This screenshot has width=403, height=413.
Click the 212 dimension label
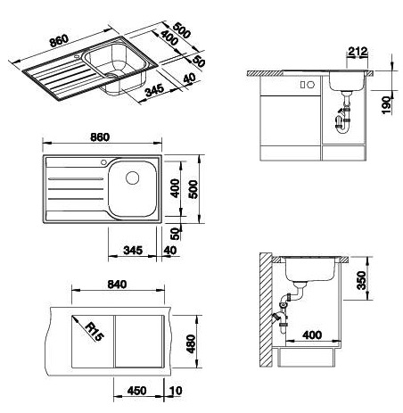(358, 52)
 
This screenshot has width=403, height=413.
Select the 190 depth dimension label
(386, 104)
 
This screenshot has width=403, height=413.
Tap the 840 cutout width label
(117, 285)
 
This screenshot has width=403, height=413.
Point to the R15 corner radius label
(95, 332)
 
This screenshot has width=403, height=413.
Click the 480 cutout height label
(191, 343)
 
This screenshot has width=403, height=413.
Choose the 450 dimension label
(136, 391)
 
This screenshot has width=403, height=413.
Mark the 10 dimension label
(176, 391)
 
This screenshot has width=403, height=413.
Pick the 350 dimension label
(362, 280)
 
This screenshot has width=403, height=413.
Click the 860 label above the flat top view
(100, 137)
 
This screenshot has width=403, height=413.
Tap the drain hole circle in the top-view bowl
(132, 178)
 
